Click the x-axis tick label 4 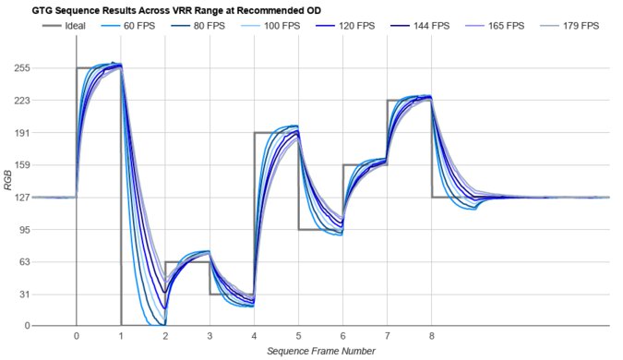[x=254, y=336]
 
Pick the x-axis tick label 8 [x=432, y=336]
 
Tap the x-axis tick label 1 [x=120, y=336]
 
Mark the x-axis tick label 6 [x=342, y=336]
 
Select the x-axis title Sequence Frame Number [x=320, y=351]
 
